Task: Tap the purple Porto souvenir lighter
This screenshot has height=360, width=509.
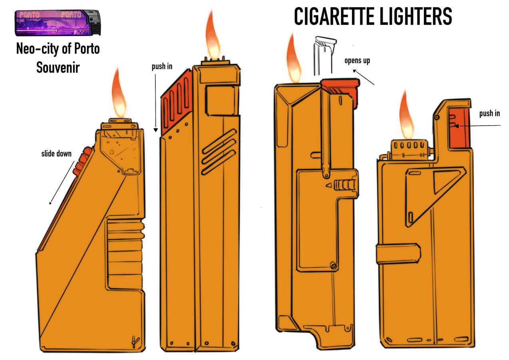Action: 58,23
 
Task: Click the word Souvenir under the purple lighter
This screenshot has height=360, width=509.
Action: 58,68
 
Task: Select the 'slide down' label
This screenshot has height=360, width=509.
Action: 56,154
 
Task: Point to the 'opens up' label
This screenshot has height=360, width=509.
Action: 357,61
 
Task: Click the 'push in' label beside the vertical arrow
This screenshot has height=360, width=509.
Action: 162,66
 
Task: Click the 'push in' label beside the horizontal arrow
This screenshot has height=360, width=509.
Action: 489,113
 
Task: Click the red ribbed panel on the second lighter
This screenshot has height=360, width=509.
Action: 177,102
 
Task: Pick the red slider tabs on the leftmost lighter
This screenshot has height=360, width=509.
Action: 82,160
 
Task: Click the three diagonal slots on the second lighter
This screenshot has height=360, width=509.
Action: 219,152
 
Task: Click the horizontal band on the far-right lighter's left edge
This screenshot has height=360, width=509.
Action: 398,254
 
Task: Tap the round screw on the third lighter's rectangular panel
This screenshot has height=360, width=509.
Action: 333,266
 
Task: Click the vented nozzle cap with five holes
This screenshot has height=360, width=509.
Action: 409,150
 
